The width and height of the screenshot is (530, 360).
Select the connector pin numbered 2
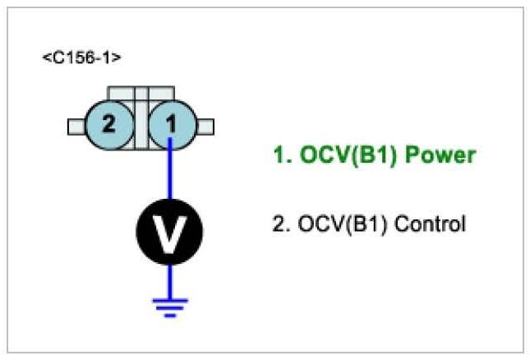tap(108, 126)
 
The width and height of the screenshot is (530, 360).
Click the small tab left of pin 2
tap(77, 126)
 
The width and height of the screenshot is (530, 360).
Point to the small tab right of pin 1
tap(205, 126)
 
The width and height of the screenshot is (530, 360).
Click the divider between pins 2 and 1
tap(141, 126)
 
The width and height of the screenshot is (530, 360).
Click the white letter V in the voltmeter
tap(170, 233)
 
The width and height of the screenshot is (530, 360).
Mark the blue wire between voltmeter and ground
tap(170, 279)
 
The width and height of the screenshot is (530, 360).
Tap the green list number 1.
tap(279, 155)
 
